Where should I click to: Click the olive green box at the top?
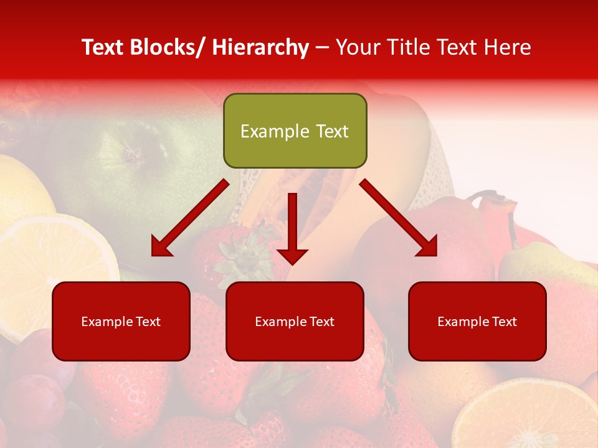[x=295, y=131]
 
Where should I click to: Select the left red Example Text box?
[x=121, y=321]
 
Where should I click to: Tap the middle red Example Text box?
[x=295, y=321]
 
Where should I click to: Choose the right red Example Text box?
[x=477, y=321]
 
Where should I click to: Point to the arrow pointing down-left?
[x=189, y=218]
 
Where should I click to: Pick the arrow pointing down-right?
[x=399, y=218]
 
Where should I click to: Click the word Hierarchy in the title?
[x=260, y=47]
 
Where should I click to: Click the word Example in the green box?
[x=275, y=131]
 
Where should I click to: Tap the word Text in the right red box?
[x=503, y=322]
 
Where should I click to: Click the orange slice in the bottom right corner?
[x=529, y=417]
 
